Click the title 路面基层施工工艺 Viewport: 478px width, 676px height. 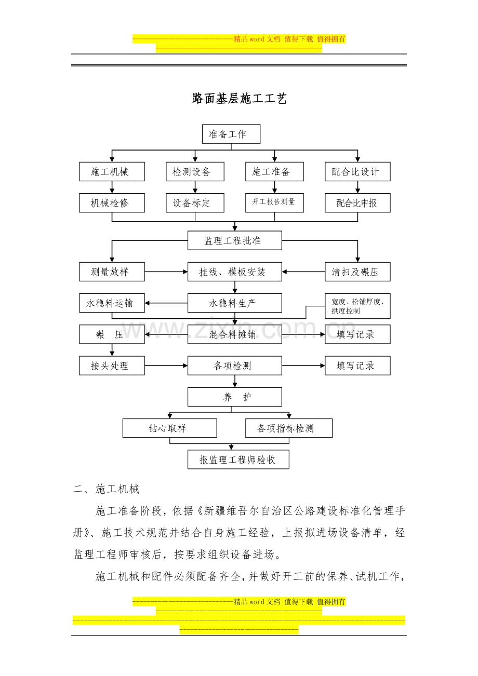[239, 98]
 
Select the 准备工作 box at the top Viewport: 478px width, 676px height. [231, 134]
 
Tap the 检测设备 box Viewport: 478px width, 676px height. [195, 172]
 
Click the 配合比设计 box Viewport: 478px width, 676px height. [357, 172]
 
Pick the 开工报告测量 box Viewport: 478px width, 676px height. [274, 203]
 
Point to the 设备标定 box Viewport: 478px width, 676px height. [195, 203]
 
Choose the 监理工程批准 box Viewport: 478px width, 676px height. [235, 240]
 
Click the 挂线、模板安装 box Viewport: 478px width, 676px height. [235, 272]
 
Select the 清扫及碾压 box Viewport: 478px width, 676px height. [357, 272]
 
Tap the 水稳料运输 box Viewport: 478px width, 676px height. [112, 303]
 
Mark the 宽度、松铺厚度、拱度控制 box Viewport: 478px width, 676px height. [357, 306]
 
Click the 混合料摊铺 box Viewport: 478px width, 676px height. [235, 334]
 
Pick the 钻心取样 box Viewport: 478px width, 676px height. [170, 428]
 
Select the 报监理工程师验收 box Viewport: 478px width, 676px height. [238, 459]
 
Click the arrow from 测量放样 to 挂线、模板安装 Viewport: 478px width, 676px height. [166, 272]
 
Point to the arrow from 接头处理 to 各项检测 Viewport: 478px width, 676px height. [166, 366]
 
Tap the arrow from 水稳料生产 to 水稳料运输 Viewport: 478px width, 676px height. [166, 303]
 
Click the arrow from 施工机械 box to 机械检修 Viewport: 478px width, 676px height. [112, 187]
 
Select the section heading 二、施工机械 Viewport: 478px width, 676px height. [107, 489]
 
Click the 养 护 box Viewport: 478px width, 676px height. [235, 397]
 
